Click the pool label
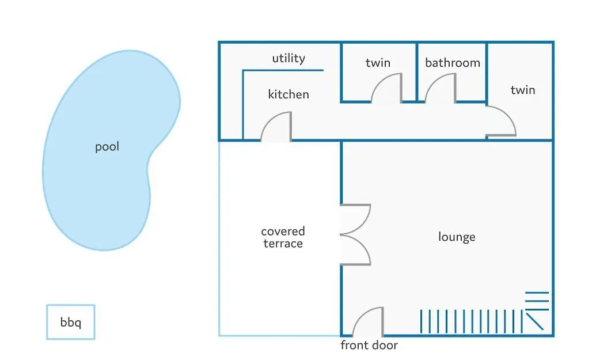(x=107, y=147)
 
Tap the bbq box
(x=71, y=322)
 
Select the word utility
(x=288, y=58)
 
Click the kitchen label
(x=288, y=94)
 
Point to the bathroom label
(x=453, y=62)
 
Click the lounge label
(x=457, y=237)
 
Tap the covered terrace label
(x=283, y=237)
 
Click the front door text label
(x=369, y=345)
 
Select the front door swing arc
(x=361, y=316)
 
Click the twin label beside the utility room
(x=378, y=62)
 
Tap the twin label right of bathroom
(x=523, y=90)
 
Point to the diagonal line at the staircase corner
(x=534, y=321)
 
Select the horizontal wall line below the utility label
(x=283, y=70)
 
